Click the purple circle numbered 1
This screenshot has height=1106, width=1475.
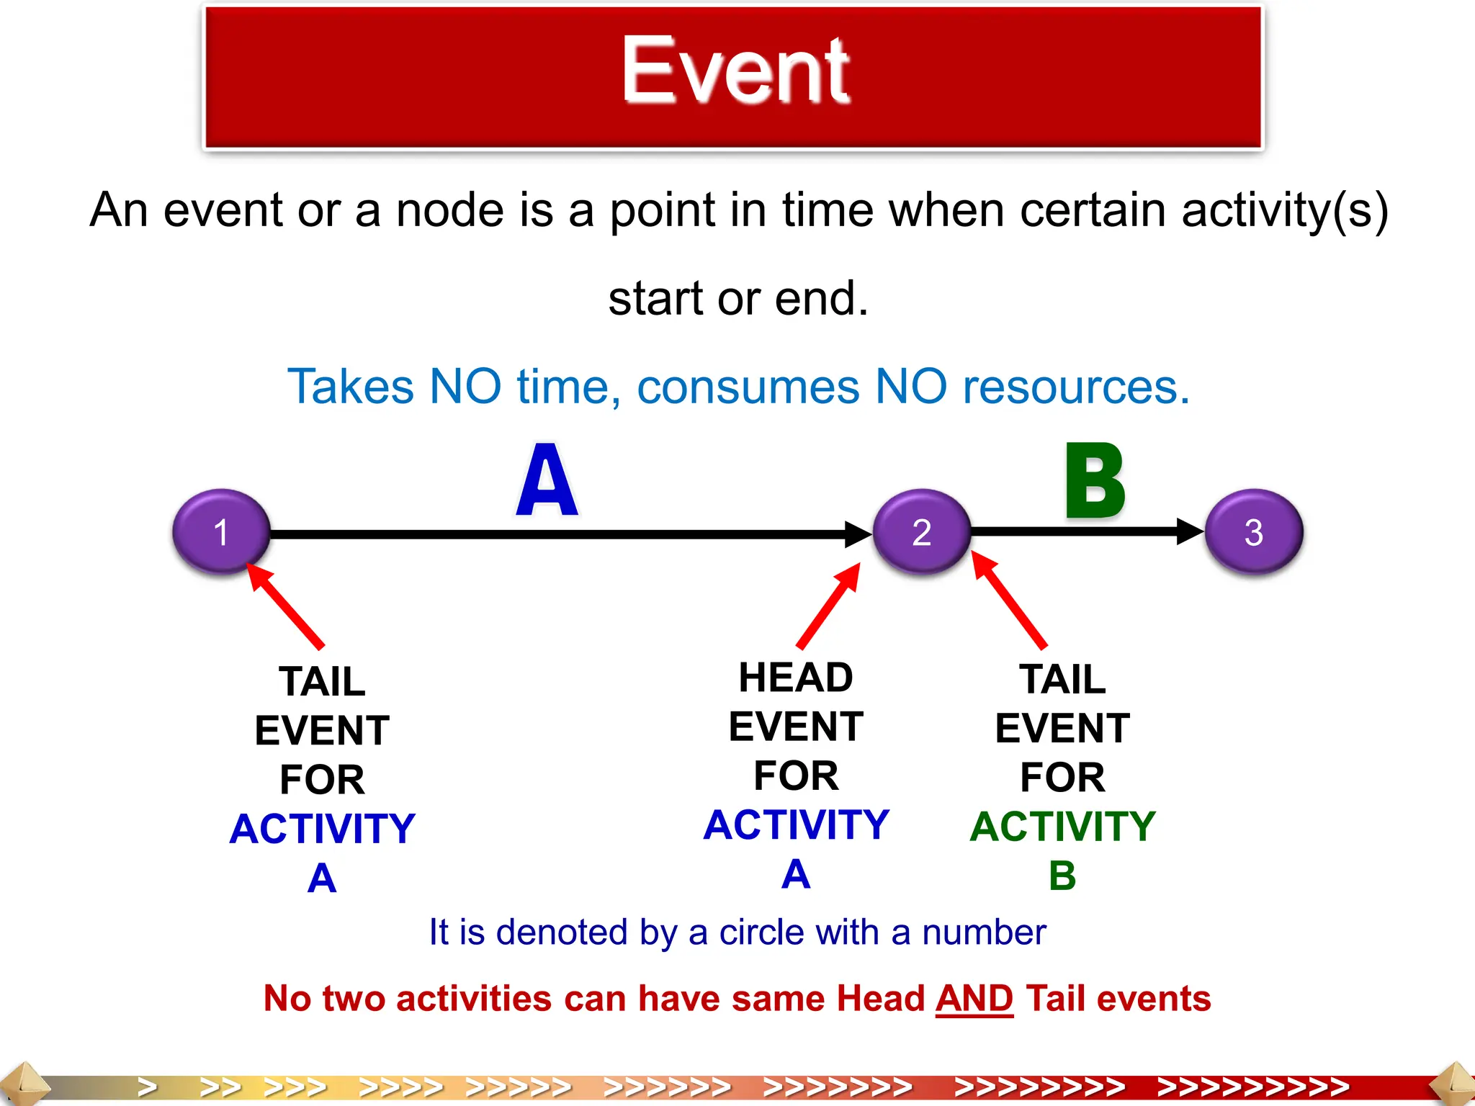pos(221,532)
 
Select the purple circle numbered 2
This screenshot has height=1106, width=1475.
pos(921,532)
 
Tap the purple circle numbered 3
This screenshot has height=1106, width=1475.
pos(1253,532)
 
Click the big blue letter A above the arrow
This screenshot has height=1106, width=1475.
pos(547,481)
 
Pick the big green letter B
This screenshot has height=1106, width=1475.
pos(1094,481)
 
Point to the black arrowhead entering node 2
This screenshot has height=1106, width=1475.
pos(858,534)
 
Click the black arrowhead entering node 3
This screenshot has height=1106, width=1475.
pos(1190,532)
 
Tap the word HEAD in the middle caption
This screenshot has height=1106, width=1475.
pos(796,678)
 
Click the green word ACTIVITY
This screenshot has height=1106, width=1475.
pos(1062,826)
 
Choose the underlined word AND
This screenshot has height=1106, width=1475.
pos(974,999)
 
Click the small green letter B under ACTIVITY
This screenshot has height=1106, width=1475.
pos(1062,876)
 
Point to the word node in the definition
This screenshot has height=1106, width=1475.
pos(449,211)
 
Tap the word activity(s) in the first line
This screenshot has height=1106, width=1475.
pos(1284,211)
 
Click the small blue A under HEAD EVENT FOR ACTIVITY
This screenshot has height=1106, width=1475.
pos(796,874)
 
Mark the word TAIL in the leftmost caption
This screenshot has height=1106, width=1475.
pos(322,681)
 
